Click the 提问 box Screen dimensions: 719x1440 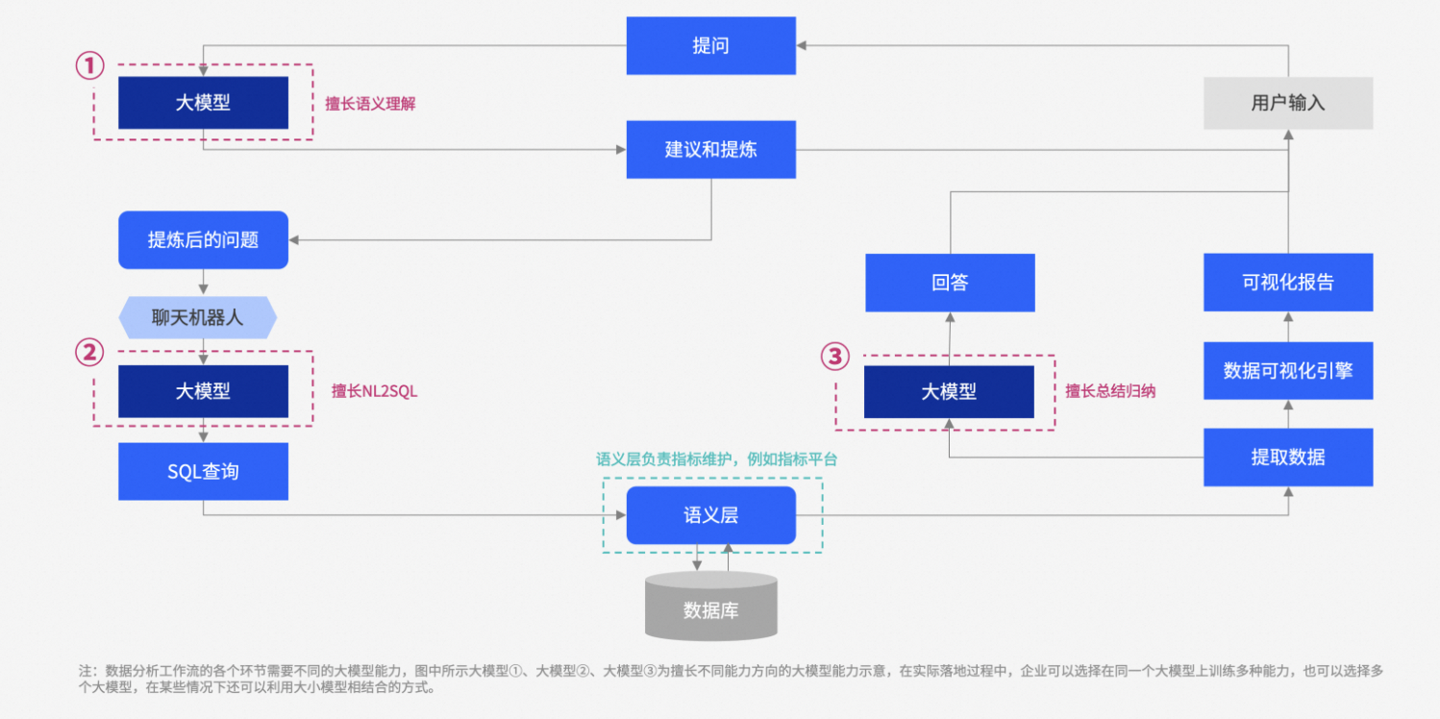(710, 45)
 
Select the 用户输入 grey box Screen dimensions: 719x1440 (1288, 103)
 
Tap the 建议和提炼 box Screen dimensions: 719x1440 (710, 149)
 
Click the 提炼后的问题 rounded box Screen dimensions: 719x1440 (203, 239)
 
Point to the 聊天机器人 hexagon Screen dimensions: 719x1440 (197, 317)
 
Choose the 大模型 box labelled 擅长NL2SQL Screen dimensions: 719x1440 (203, 391)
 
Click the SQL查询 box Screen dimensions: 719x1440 (203, 471)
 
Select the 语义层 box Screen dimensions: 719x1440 (710, 515)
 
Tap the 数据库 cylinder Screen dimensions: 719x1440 (710, 607)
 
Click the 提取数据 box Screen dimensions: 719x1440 (1288, 457)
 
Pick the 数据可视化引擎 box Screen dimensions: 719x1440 (1288, 370)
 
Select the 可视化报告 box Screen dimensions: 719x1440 (1288, 283)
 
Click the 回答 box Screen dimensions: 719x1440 (950, 283)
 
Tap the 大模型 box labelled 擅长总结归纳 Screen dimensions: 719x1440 (949, 391)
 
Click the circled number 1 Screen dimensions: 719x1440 (89, 65)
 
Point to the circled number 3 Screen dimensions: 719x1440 (834, 357)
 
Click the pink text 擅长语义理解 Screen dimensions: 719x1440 (370, 104)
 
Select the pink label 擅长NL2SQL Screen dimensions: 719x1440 (375, 391)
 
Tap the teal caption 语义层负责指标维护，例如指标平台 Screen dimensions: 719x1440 (716, 459)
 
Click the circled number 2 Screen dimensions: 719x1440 (89, 353)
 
